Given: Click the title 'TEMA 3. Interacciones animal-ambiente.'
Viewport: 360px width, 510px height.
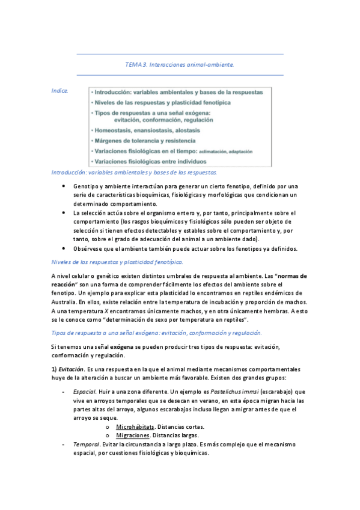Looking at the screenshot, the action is point(180,64).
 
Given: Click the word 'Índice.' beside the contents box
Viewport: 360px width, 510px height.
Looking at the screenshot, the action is point(60,91).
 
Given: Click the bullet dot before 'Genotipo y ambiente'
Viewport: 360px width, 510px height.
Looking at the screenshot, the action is point(65,186).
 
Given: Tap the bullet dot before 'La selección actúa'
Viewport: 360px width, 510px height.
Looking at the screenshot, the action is point(65,213).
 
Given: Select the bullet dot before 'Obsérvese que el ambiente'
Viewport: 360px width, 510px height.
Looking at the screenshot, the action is point(65,249).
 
